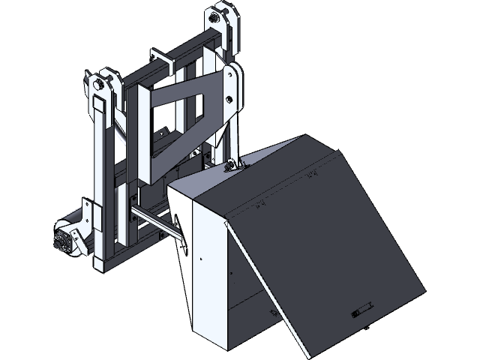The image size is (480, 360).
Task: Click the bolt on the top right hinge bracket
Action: tap(219, 16)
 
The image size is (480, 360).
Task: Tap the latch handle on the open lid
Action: tap(362, 310)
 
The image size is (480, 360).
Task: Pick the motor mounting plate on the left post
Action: tap(88, 217)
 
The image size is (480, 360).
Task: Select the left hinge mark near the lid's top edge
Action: tap(264, 203)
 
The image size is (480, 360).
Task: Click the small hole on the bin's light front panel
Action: tap(200, 256)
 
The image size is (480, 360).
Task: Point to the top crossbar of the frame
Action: tap(187, 51)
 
